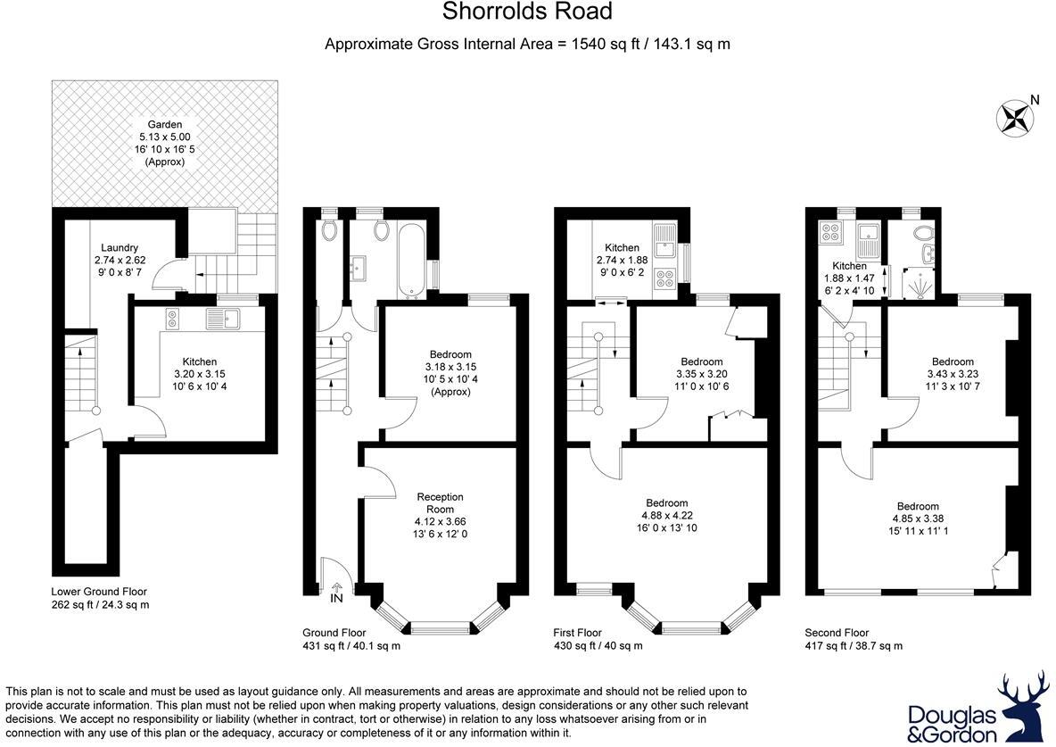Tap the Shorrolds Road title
[528, 12]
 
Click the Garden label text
[165, 125]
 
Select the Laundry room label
[120, 248]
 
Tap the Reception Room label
[440, 502]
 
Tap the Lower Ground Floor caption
[99, 592]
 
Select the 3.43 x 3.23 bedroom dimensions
[948, 376]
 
